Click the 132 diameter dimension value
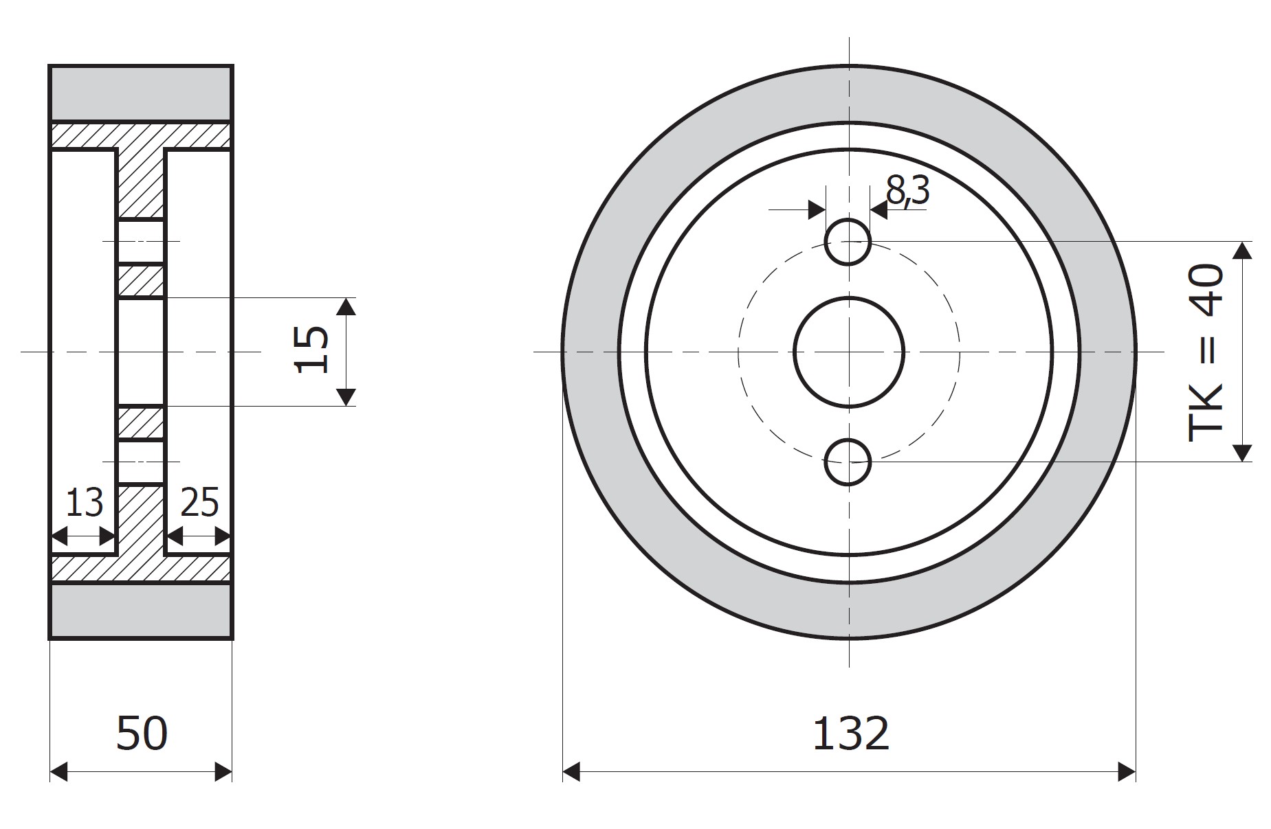pyautogui.click(x=850, y=734)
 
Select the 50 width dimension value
pyautogui.click(x=142, y=734)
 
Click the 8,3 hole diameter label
pyautogui.click(x=907, y=190)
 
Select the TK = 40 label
pyautogui.click(x=1206, y=352)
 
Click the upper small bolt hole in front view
pyautogui.click(x=848, y=242)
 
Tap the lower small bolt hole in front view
pyautogui.click(x=848, y=462)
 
